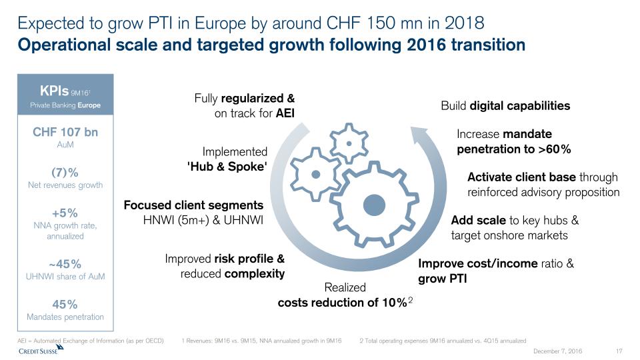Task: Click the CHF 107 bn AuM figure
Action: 65,132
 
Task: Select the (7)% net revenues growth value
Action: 65,172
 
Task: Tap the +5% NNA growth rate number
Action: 65,213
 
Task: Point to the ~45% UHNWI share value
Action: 65,263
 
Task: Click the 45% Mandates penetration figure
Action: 65,304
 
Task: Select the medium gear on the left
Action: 316,173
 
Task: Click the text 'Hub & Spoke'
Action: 227,167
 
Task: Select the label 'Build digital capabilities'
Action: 505,105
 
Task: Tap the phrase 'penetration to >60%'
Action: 513,149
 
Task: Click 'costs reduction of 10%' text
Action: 342,302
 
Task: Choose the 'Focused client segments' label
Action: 193,205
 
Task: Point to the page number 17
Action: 619,351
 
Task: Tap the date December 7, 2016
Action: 558,351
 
